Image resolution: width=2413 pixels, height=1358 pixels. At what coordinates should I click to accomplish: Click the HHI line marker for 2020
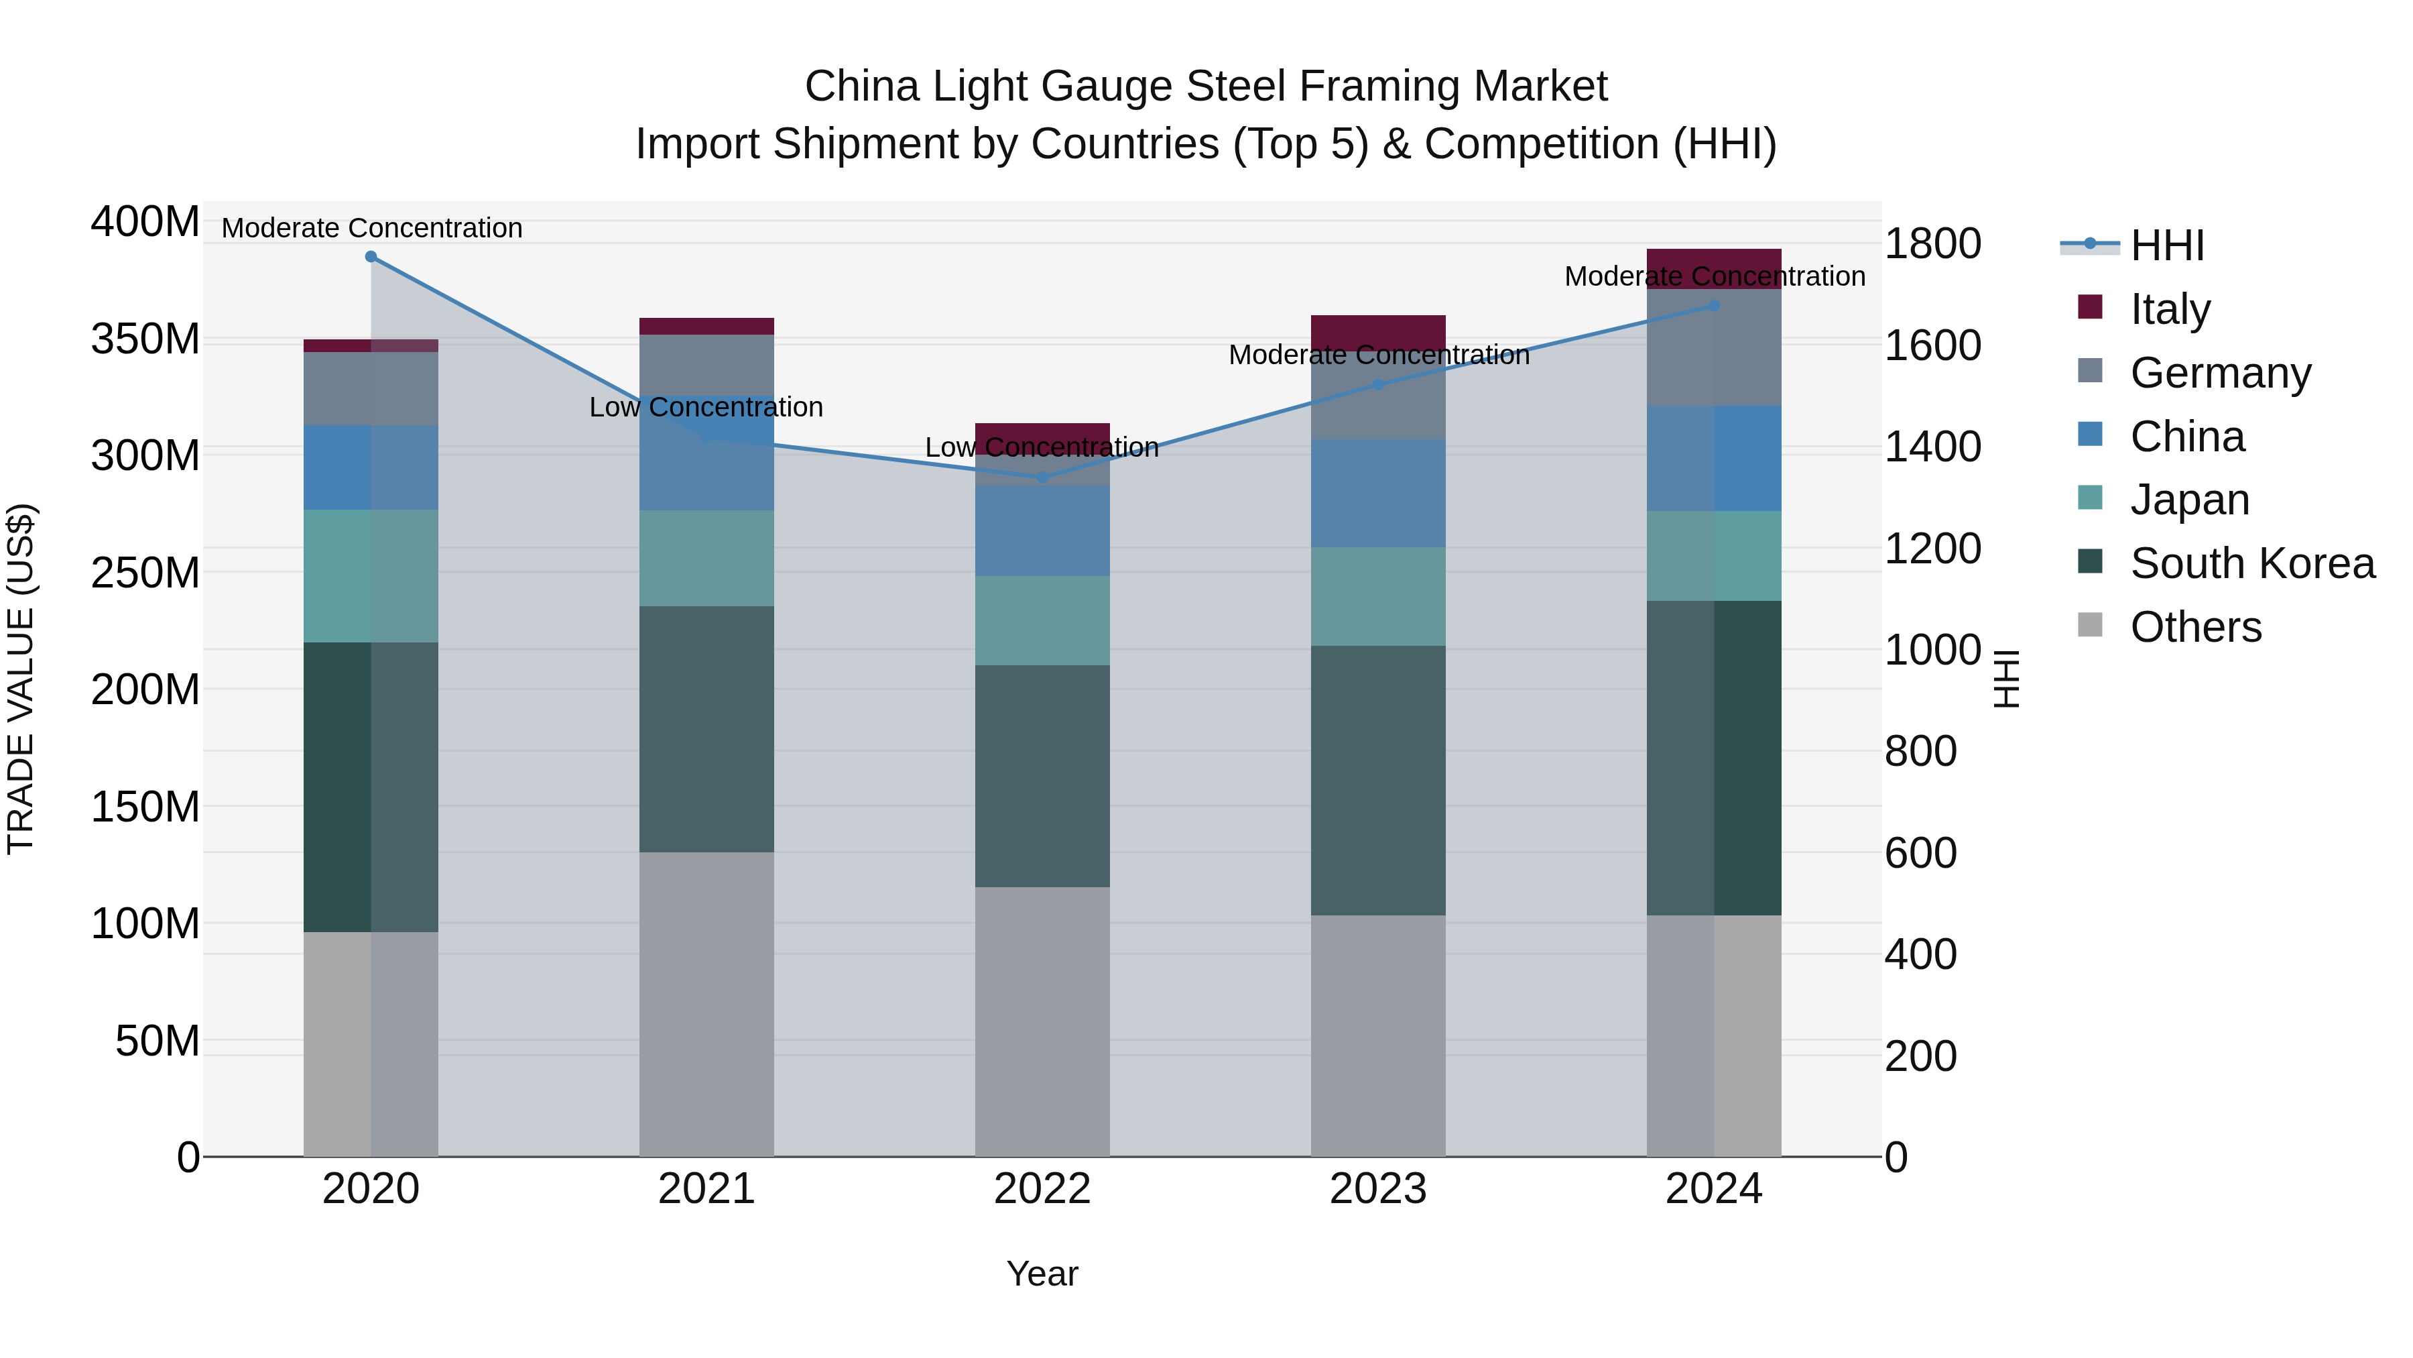click(371, 257)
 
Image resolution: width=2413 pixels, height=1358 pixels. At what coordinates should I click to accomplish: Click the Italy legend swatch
click(2090, 307)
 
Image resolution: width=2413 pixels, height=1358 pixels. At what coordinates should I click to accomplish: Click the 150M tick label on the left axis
click(145, 807)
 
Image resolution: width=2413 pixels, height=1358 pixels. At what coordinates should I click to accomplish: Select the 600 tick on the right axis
click(1920, 854)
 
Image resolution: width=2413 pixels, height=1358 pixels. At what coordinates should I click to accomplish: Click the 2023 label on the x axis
click(1378, 1189)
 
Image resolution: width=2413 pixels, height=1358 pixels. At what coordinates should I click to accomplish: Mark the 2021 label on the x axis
click(706, 1189)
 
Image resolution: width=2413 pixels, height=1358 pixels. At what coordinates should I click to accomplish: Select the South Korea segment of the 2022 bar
click(1042, 776)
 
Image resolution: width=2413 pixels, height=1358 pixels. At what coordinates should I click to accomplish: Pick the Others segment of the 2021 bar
click(706, 1003)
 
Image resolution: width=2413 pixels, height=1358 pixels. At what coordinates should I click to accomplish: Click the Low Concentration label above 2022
click(1042, 448)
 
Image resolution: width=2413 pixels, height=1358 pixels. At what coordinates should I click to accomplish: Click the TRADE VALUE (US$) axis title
click(21, 679)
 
